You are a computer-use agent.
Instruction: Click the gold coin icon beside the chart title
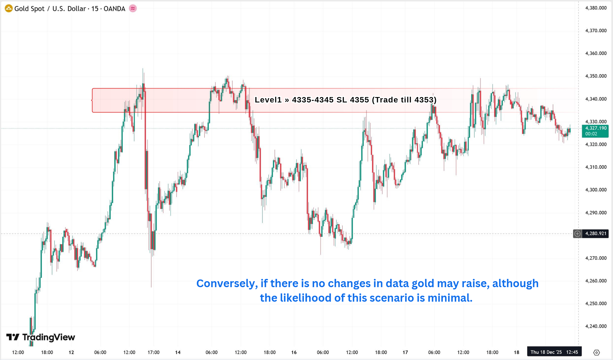(x=9, y=9)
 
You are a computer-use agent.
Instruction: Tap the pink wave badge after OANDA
(x=133, y=9)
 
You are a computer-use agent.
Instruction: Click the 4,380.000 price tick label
(x=596, y=8)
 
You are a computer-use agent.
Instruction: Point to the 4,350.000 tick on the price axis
(x=596, y=76)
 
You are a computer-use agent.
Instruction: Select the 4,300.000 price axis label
(x=596, y=190)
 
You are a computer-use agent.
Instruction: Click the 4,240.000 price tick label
(x=596, y=326)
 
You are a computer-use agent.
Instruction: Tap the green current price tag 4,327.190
(x=595, y=131)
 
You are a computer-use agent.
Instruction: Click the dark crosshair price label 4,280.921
(x=596, y=234)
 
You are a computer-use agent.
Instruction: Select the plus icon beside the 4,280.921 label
(x=577, y=234)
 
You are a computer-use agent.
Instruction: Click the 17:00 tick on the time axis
(x=153, y=352)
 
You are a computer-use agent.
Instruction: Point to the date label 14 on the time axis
(x=178, y=352)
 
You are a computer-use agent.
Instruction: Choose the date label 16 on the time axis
(x=294, y=352)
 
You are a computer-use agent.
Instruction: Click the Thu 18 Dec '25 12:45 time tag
(x=554, y=352)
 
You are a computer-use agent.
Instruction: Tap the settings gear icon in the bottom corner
(x=596, y=353)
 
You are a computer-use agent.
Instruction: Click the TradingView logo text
(x=48, y=337)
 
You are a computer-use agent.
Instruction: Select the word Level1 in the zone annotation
(x=268, y=100)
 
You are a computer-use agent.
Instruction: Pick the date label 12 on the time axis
(x=71, y=352)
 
